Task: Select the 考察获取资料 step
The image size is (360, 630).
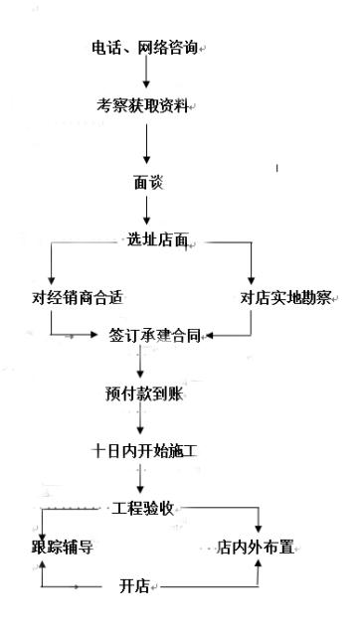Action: pyautogui.click(x=142, y=104)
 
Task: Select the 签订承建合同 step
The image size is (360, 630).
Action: pyautogui.click(x=149, y=337)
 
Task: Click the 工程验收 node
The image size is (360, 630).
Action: pyautogui.click(x=145, y=508)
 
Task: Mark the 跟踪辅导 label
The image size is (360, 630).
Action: pyautogui.click(x=62, y=547)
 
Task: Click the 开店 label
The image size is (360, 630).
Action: pyautogui.click(x=133, y=586)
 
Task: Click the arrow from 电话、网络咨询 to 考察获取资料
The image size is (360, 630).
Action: pyautogui.click(x=145, y=76)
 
